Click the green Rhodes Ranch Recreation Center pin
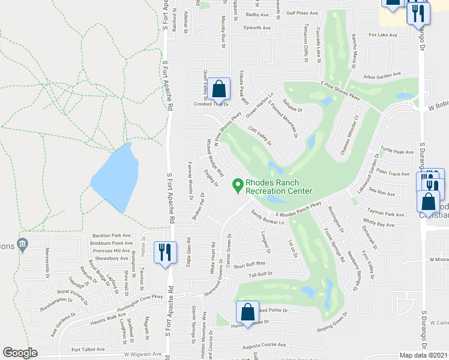coord(238,186)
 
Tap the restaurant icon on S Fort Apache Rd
coord(164,252)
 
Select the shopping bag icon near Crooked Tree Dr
coord(220,89)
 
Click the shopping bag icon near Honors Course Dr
coord(247,312)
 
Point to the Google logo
coord(20,353)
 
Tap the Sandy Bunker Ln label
coord(267,217)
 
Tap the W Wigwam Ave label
coord(143,355)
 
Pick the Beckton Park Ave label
coord(111,235)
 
